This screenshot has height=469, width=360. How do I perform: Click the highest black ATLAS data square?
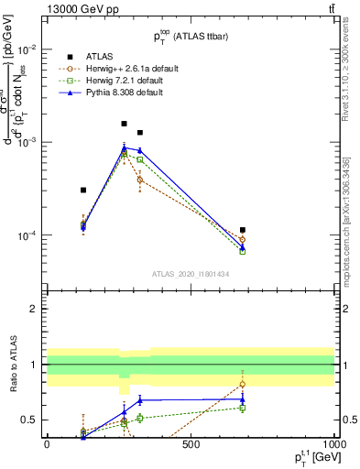125,123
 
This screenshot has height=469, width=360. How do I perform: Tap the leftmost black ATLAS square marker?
83,190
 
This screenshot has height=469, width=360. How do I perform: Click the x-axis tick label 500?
191,446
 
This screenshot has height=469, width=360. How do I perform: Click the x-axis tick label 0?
47,446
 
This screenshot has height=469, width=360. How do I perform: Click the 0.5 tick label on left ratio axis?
32,420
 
